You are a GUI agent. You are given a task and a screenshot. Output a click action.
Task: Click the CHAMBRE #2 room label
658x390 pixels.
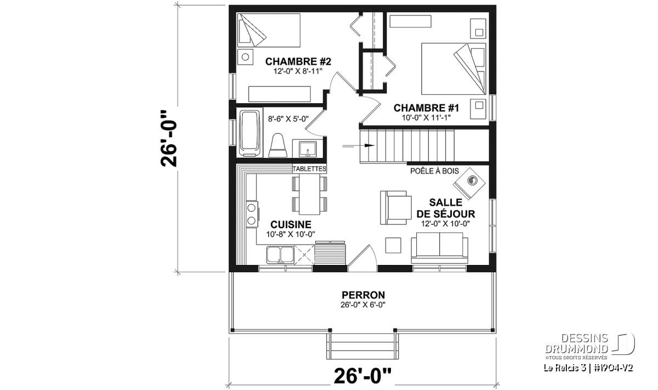coord(298,61)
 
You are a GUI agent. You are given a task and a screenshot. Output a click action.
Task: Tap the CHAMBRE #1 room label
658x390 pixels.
coord(426,108)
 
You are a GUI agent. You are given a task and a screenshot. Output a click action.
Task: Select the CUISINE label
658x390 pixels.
coord(291,224)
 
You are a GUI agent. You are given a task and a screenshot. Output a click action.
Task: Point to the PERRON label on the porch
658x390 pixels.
coord(363,295)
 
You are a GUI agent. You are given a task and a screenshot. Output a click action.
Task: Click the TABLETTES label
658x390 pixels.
coord(310,169)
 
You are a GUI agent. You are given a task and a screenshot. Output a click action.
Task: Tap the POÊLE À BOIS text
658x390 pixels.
coord(434,171)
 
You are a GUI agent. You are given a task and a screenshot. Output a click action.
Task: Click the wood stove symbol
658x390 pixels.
coord(469,184)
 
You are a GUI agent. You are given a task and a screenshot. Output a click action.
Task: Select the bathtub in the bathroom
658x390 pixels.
coord(249,133)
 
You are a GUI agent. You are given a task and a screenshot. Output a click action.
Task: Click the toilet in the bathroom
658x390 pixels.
coord(277,145)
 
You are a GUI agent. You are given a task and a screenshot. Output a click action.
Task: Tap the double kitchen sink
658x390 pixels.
coord(280,255)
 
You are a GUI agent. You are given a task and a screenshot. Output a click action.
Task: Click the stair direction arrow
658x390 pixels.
coord(359,145)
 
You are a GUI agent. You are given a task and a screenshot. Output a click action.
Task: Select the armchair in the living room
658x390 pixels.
coord(396,208)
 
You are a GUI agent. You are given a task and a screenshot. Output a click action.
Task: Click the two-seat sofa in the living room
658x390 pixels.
coord(439,248)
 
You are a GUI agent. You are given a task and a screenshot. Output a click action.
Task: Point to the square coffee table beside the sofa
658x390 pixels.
coord(393,245)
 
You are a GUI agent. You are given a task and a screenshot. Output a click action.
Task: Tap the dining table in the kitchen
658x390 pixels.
coord(310,195)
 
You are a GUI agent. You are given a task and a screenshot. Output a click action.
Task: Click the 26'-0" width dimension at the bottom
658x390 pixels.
coord(363,376)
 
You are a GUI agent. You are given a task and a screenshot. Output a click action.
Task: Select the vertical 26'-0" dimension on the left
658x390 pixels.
coord(169,139)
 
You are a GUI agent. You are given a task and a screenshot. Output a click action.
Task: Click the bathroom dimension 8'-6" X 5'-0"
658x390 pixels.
coord(288,118)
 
